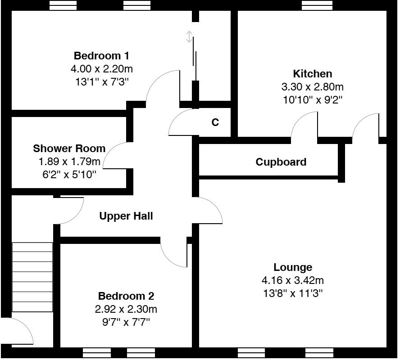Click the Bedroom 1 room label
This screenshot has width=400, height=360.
pos(101,56)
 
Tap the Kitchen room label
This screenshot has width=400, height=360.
pos(312,74)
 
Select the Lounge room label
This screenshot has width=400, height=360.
pos(293,267)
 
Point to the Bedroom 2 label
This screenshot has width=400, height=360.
pos(126,296)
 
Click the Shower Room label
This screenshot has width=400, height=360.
pos(69,148)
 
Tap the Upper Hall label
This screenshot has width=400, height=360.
pos(126,216)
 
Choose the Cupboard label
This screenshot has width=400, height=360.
pos(281,162)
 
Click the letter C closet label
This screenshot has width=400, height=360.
pos(215,122)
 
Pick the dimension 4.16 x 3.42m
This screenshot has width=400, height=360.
pos(293,280)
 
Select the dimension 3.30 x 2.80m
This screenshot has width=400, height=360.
pos(312,87)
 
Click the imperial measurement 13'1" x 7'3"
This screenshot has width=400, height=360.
pos(101,82)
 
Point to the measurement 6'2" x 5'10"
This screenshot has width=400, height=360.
pos(69,174)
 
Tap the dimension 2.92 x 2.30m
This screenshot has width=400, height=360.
pos(126,309)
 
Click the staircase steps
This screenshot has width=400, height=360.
pos(32,277)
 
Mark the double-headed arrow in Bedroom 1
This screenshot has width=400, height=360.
pos(190,37)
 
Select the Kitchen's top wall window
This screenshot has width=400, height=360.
pos(317,5)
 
